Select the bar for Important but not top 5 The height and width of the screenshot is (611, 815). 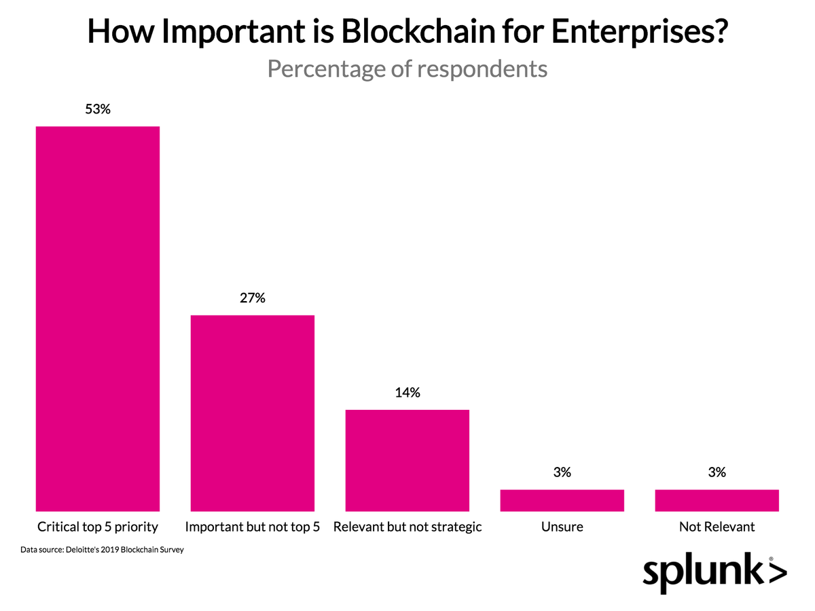[253, 413]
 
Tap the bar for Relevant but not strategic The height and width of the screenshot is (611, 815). [407, 460]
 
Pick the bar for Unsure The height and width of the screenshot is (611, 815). [562, 500]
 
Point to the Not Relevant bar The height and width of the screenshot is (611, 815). [717, 500]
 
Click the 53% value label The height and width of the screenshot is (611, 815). [98, 109]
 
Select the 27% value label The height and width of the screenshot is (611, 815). [253, 298]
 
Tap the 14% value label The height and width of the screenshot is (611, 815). [407, 392]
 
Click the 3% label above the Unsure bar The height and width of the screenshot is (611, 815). [562, 472]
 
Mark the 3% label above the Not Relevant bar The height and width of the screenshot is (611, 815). [717, 472]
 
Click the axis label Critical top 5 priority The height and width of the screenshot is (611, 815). [98, 527]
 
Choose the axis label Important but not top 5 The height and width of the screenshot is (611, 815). [253, 527]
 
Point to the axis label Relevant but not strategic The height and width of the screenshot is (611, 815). [407, 527]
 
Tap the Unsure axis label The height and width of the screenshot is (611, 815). [562, 527]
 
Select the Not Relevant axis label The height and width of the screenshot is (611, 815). [717, 527]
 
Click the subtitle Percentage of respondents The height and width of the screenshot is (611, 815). [407, 69]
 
